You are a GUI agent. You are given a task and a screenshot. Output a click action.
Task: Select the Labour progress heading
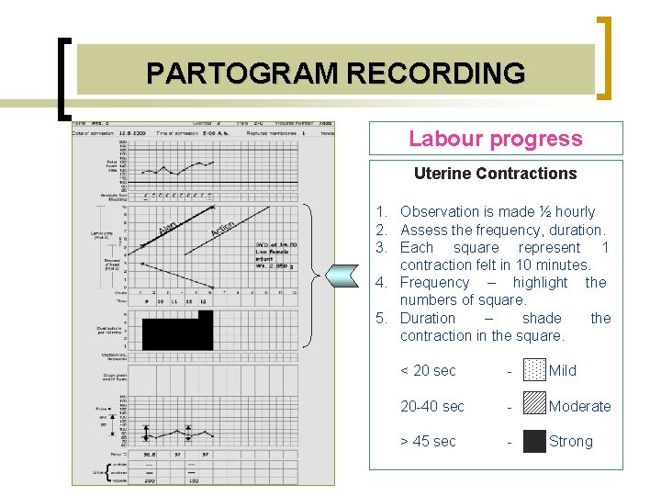point(495,139)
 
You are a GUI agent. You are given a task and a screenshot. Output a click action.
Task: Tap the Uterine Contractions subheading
point(495,174)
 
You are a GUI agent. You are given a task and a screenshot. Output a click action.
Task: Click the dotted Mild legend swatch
point(533,370)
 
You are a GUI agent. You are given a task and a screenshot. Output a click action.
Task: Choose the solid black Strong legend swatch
point(533,442)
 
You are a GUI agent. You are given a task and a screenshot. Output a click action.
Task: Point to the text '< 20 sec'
point(428,371)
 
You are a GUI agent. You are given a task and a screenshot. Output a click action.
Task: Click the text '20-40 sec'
point(431,406)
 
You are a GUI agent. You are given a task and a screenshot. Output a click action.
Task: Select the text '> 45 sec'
point(428,442)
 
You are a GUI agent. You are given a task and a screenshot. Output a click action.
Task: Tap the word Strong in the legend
point(570,442)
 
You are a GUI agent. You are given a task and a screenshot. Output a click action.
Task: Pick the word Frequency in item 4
point(434,283)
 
